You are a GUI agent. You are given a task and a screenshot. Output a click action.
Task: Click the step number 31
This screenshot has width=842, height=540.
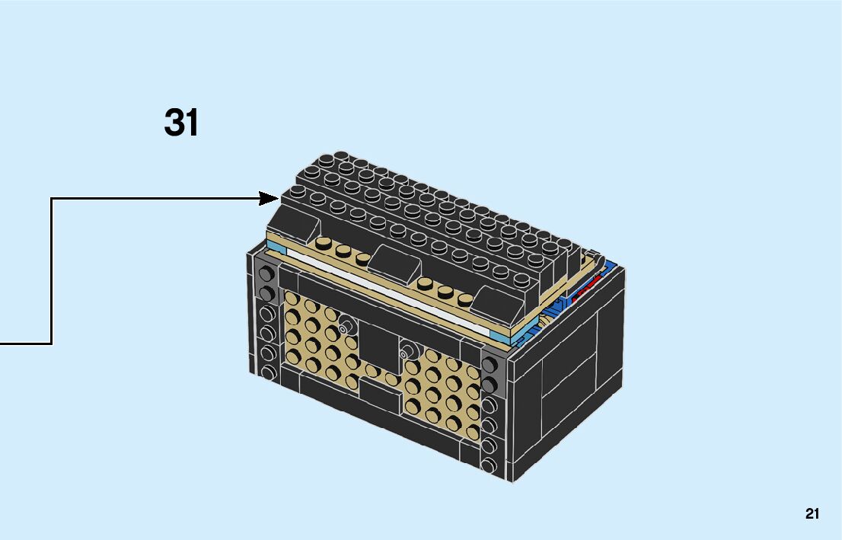pos(181,123)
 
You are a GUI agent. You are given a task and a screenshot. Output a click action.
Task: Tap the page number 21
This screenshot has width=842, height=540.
pos(812,514)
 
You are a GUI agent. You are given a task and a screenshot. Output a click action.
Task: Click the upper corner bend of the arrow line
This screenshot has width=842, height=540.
pos(52,199)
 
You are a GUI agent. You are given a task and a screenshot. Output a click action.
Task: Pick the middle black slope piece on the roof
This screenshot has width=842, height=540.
pos(394,264)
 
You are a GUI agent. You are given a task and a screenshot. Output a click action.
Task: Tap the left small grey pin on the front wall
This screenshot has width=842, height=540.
pos(347,326)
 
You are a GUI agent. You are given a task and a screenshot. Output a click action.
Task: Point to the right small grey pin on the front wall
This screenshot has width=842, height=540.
pos(407,352)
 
